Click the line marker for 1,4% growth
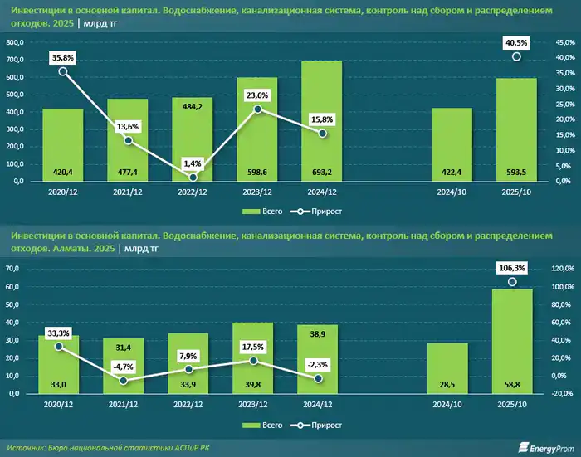click(193, 177)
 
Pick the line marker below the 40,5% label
click(516, 56)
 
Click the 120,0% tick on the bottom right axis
click(563, 269)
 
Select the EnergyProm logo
click(544, 445)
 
